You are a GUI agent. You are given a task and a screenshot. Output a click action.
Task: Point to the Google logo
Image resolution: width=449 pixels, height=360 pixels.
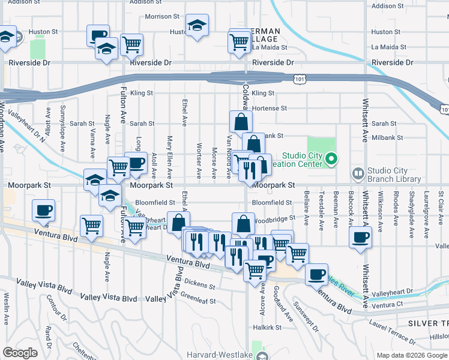point(20,353)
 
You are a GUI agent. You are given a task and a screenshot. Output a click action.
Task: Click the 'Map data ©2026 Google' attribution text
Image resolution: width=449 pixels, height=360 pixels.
point(412,355)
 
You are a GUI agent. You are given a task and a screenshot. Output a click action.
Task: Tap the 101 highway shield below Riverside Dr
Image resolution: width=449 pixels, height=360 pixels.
point(298,79)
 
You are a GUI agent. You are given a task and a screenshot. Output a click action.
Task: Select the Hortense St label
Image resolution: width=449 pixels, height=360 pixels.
point(270,109)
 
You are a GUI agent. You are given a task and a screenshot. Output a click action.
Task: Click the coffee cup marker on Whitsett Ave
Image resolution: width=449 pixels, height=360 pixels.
point(360,236)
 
